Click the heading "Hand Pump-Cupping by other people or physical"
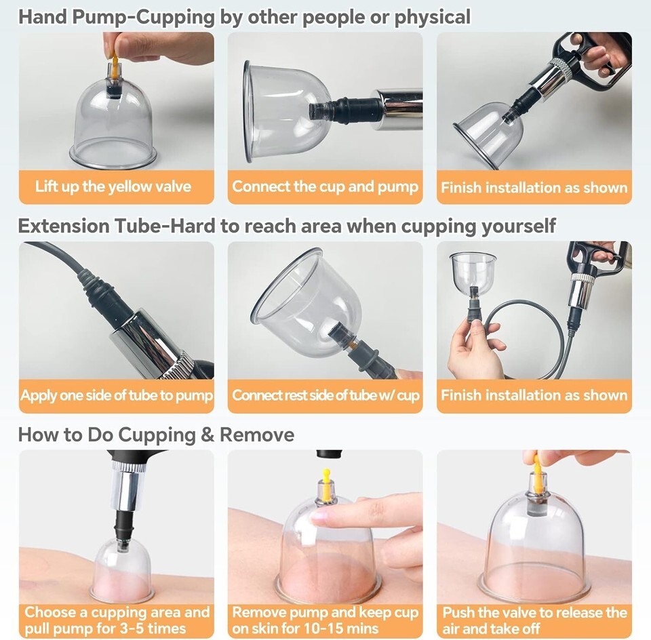point(244,18)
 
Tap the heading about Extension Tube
point(286,226)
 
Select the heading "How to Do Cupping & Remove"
point(156,435)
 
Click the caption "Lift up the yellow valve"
point(113,186)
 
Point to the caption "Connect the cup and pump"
point(325,186)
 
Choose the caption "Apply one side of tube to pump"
point(116,395)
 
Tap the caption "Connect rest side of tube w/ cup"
point(325,395)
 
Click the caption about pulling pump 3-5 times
point(117,620)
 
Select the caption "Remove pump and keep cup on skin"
point(325,620)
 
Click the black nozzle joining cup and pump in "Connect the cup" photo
point(341,111)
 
